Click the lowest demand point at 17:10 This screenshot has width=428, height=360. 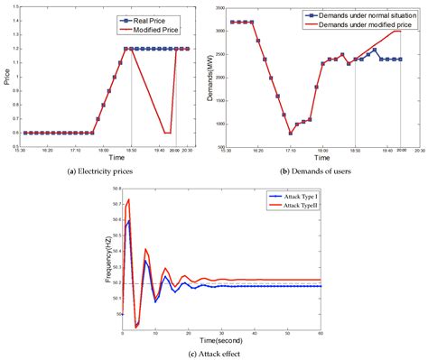pyautogui.click(x=291, y=133)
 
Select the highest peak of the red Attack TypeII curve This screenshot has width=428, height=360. pyautogui.click(x=129, y=199)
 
